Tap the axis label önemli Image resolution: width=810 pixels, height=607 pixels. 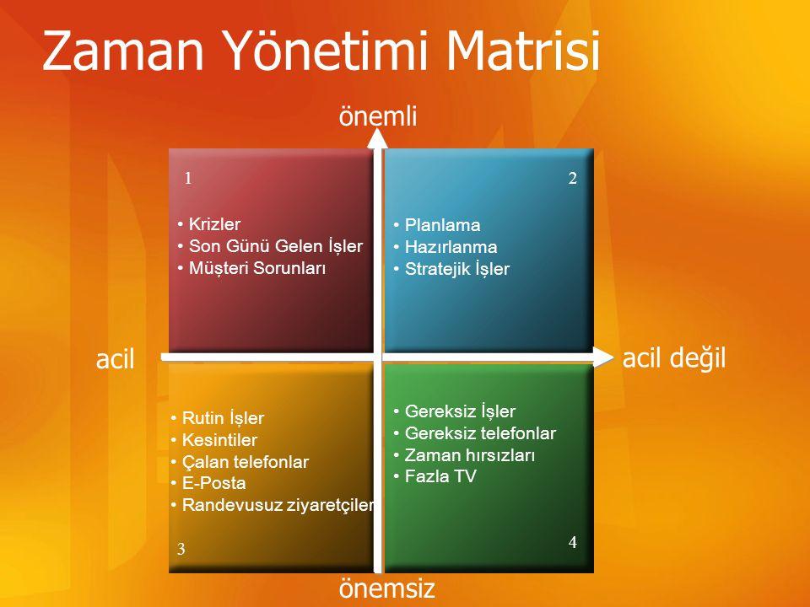point(378,115)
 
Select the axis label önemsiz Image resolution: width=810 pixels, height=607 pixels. point(387,588)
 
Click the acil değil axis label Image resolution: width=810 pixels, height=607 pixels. point(674,357)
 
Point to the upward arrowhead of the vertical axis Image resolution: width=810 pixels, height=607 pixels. point(378,137)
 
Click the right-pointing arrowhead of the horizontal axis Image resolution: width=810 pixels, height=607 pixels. point(602,357)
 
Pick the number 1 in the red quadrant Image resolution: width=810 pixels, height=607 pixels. point(188,178)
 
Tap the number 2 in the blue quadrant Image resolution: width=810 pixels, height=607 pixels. point(572,178)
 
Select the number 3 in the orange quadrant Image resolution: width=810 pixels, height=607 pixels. point(181,549)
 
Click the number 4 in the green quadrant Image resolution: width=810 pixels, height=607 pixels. point(572,542)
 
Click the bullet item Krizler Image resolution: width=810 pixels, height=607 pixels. point(209,224)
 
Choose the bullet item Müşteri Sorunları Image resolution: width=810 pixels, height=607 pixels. point(251,268)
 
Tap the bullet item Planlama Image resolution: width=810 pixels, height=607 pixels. point(437,225)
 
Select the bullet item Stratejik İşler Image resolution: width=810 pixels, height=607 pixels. point(451,269)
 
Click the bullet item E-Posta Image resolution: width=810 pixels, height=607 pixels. point(208,483)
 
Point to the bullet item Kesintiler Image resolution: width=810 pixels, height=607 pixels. point(213,440)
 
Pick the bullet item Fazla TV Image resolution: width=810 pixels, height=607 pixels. point(435,475)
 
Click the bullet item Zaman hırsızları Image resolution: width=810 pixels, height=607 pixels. point(464,454)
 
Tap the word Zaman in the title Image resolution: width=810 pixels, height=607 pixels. point(123,51)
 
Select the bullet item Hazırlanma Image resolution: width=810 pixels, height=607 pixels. point(445,247)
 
